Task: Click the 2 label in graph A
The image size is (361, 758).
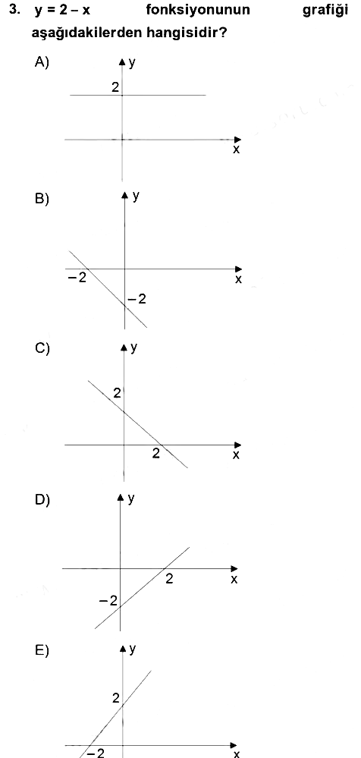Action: (x=115, y=87)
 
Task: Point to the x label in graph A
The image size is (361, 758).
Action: (x=236, y=150)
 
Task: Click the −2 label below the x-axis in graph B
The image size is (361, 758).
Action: (x=77, y=279)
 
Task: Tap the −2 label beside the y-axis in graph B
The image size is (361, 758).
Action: (x=137, y=300)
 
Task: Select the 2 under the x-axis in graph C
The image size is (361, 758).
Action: (x=155, y=454)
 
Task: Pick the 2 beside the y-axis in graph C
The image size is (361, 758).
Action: (x=117, y=394)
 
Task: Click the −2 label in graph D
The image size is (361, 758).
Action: (x=108, y=602)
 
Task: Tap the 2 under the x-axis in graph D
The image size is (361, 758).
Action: (x=168, y=578)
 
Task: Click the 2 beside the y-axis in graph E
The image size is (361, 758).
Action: (x=115, y=697)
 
